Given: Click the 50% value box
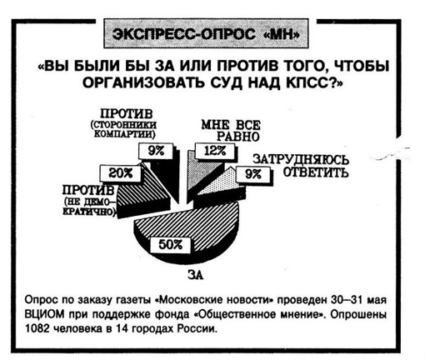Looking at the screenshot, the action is pos(171,245).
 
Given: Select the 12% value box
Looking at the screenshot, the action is pos(215,151).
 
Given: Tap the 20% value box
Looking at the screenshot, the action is pos(120,173).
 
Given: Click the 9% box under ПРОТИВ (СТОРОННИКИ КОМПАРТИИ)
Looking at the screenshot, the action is pos(156,152).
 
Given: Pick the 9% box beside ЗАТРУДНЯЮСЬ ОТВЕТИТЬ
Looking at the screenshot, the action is pos(253,174).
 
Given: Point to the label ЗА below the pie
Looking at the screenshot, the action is pos(196,275).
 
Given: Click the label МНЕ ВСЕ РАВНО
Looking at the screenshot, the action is pos(231,131).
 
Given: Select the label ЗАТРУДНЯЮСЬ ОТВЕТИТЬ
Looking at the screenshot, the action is pos(301,166).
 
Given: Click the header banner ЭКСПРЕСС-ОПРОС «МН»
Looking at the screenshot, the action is pos(206,33).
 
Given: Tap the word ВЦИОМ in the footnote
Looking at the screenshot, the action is pos(42,314).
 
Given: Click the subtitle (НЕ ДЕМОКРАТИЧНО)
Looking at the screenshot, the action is pos(89,207).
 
